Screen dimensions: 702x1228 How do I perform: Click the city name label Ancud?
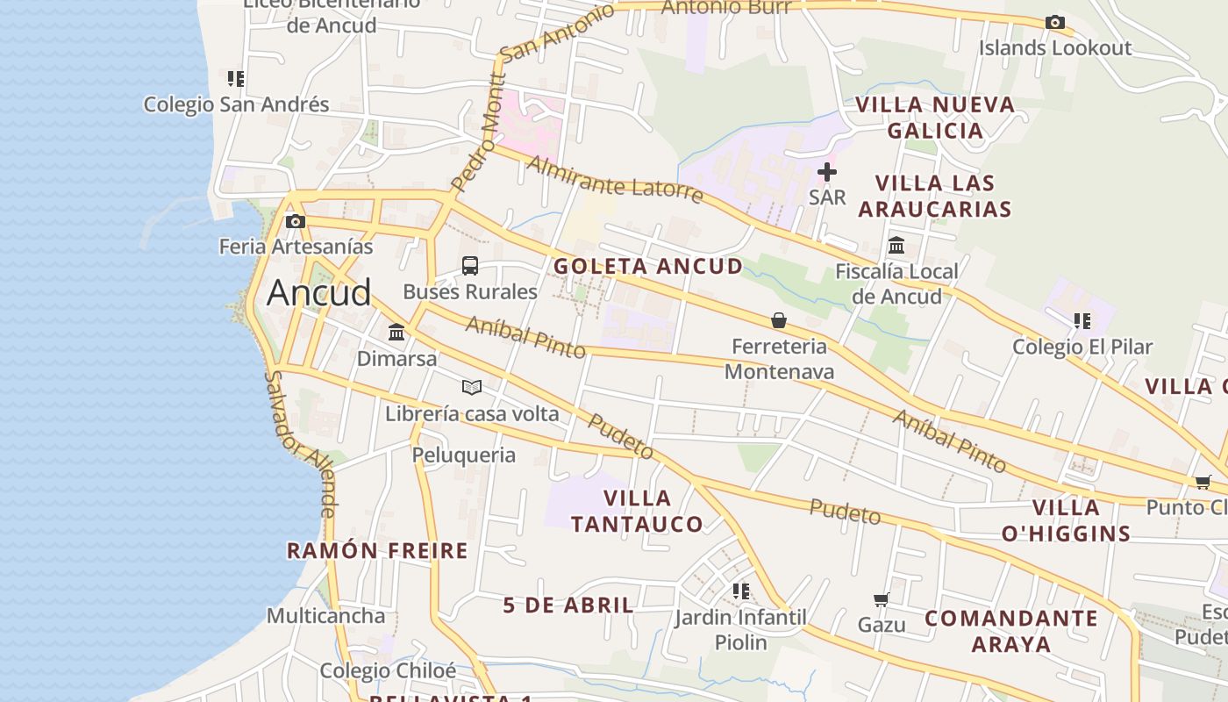(319, 292)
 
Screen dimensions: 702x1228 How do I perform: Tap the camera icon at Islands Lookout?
(1054, 23)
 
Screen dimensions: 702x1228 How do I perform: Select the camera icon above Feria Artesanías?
(296, 221)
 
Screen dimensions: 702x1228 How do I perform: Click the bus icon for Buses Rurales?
(470, 266)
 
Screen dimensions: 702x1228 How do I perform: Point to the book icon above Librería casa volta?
(472, 387)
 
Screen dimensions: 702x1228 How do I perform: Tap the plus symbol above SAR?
(827, 172)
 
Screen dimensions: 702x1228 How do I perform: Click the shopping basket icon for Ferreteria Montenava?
(779, 320)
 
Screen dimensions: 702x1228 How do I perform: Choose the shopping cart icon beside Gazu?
(882, 599)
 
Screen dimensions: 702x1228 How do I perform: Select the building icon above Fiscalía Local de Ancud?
(896, 246)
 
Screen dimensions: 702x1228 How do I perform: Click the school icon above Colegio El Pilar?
(1082, 321)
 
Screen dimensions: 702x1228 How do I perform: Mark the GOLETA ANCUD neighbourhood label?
(648, 266)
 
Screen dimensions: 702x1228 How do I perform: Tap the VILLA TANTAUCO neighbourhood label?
(637, 511)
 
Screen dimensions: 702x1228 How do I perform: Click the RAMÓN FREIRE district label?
(377, 551)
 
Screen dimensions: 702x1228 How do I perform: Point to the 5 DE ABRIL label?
(568, 605)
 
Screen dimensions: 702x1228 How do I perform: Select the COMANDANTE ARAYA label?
(1011, 631)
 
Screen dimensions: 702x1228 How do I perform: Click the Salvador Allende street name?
(300, 443)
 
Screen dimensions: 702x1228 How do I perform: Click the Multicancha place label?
(325, 616)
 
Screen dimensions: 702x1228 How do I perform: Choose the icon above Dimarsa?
(396, 333)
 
